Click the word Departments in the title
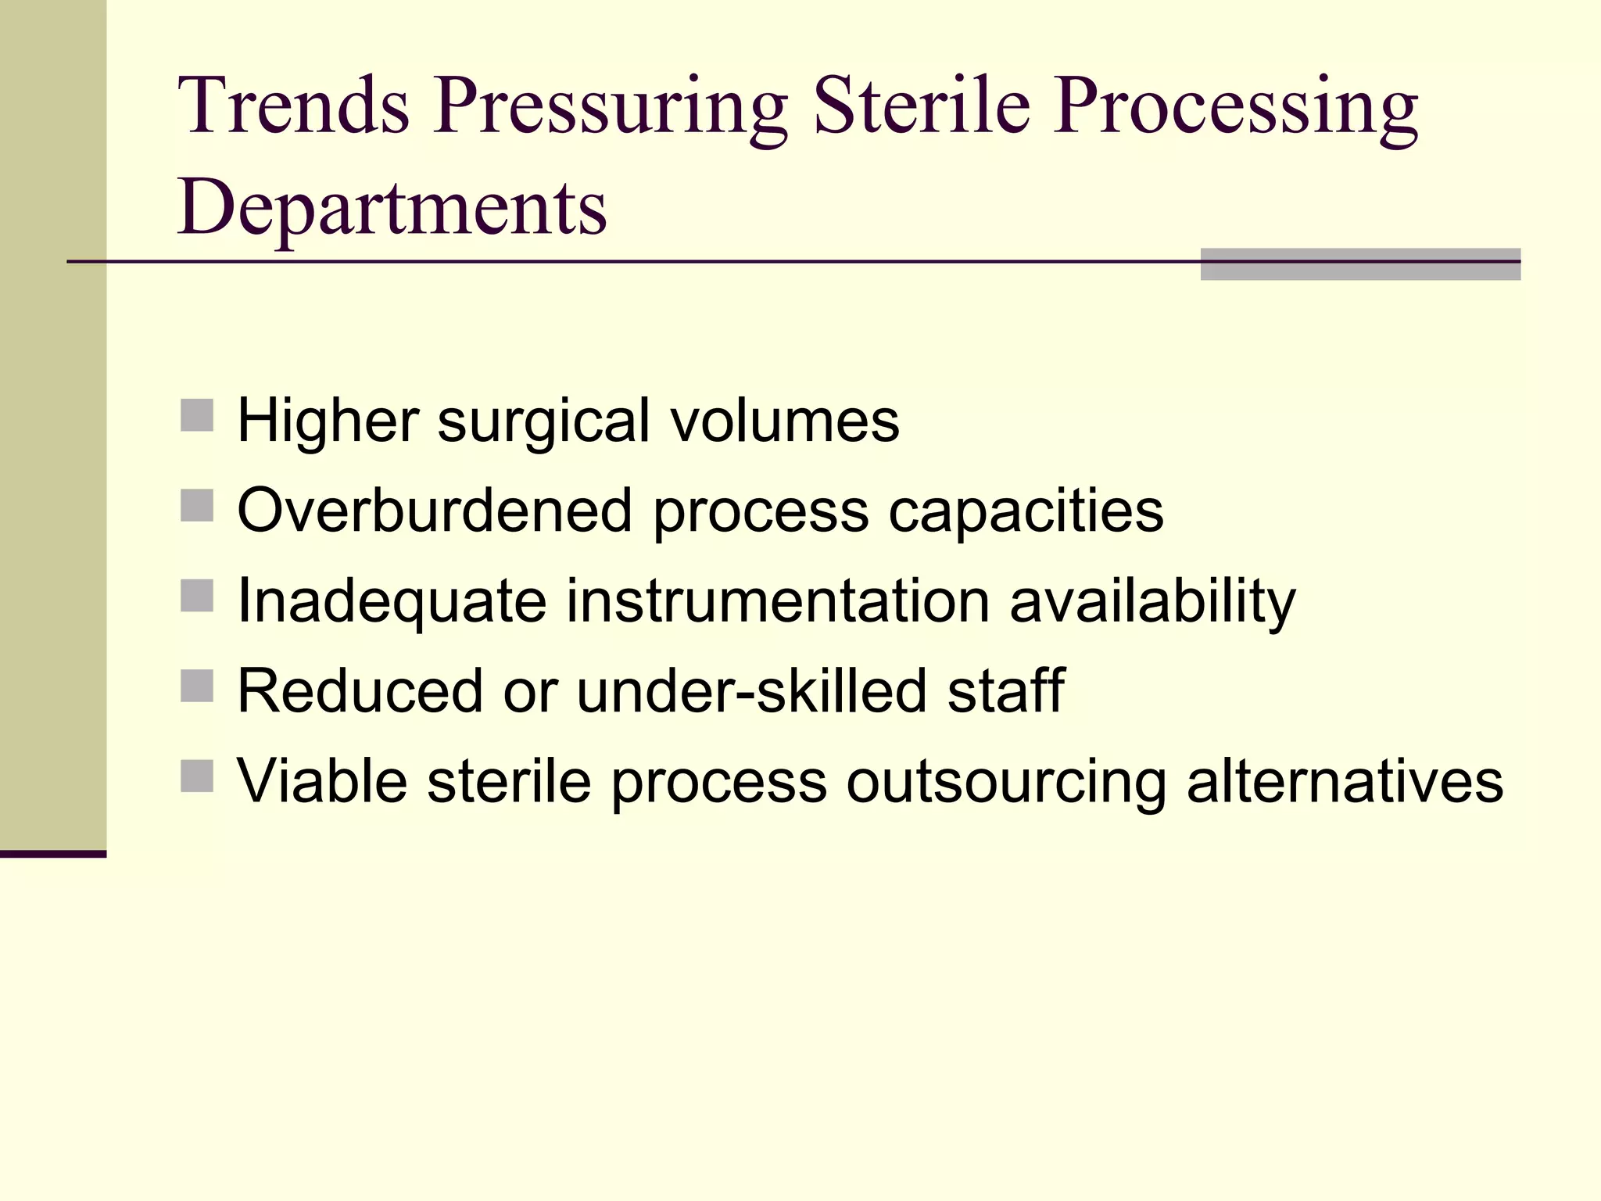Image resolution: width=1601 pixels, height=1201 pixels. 392,208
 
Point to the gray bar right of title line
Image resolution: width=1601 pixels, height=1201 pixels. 1360,264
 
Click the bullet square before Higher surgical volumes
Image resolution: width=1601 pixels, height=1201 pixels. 197,415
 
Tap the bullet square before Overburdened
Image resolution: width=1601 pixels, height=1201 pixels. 197,505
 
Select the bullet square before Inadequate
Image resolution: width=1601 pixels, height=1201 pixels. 197,595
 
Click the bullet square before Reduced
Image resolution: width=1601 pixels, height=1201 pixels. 197,686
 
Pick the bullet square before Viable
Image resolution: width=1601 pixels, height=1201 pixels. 197,776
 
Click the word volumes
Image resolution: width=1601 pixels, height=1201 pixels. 785,421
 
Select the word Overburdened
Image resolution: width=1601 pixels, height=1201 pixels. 435,511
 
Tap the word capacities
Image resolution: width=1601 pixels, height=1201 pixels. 1026,511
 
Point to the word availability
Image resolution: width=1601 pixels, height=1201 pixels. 1152,600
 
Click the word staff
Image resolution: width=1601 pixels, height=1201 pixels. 1005,691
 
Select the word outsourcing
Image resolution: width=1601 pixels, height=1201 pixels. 1006,781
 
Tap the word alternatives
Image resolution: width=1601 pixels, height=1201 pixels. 1345,781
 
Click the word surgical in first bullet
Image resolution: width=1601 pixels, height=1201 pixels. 543,421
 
